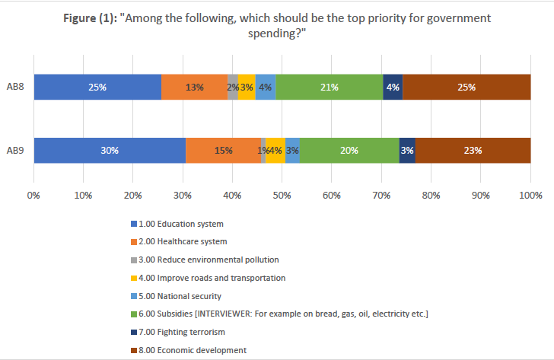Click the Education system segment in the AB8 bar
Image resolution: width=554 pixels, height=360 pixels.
tap(97, 87)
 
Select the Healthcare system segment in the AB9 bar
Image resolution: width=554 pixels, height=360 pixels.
tap(223, 150)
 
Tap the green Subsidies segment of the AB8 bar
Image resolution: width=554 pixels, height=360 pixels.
tap(329, 87)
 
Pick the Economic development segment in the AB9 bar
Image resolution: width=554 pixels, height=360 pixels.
tap(473, 150)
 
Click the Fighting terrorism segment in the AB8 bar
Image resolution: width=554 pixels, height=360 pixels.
tap(393, 87)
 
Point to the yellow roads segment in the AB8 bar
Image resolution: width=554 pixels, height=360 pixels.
tap(247, 87)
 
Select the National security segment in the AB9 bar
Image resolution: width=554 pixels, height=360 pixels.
tap(292, 150)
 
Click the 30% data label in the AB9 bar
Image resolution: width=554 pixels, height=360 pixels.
tap(110, 151)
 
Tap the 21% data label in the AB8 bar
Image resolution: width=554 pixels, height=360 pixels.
tap(330, 88)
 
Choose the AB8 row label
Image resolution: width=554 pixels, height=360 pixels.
tap(15, 87)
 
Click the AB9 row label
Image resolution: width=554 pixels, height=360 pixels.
tap(15, 150)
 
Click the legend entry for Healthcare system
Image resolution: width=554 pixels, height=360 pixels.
tap(183, 242)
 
